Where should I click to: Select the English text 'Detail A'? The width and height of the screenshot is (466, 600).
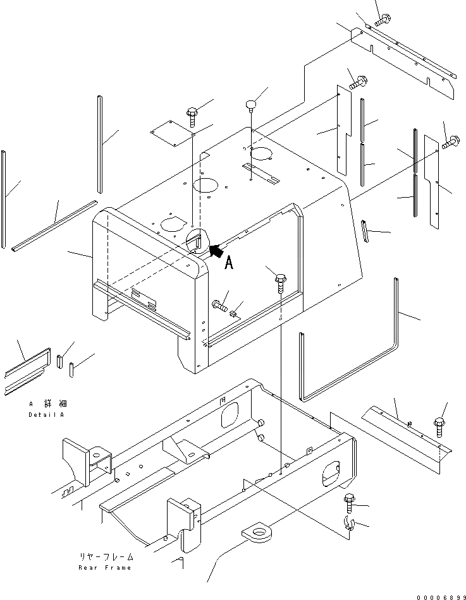(47, 415)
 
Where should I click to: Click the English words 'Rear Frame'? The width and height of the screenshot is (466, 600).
(105, 568)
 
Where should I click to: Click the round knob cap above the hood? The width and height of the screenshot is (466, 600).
(252, 103)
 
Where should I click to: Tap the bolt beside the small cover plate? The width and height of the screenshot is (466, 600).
(192, 115)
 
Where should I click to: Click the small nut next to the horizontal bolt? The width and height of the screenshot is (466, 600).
(234, 312)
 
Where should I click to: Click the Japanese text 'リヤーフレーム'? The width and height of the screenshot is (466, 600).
(106, 558)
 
